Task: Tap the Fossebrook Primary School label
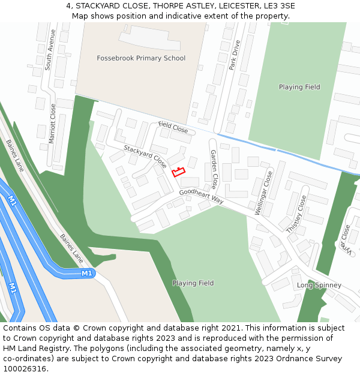tap(141, 58)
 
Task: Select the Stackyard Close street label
tap(145, 156)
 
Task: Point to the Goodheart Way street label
tap(201, 196)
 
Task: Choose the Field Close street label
tap(173, 127)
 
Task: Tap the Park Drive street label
tap(235, 55)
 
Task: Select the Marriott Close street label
tap(52, 123)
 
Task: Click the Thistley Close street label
tap(296, 214)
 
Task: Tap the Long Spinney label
tap(319, 285)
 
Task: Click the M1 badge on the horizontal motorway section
tap(87, 274)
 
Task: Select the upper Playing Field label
tap(299, 87)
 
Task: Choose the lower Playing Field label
tap(193, 283)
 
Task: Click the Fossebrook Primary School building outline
tap(150, 38)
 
